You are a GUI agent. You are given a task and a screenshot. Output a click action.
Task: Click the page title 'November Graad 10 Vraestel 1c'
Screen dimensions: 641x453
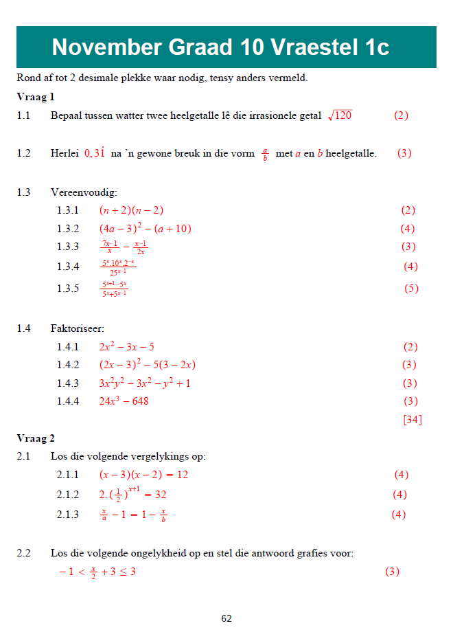tap(220, 47)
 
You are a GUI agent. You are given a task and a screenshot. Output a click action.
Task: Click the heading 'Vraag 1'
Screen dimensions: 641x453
tap(36, 97)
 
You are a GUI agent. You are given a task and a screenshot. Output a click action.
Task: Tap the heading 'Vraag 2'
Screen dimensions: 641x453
tap(36, 438)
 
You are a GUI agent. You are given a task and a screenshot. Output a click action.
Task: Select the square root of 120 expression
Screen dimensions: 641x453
tap(340, 115)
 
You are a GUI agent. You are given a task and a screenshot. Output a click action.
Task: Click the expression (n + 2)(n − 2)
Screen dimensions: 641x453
tap(131, 210)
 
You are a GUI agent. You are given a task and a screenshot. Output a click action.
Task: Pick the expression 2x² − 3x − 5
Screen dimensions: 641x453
tap(127, 347)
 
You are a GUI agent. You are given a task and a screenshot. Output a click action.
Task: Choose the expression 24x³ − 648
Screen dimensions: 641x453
tap(124, 401)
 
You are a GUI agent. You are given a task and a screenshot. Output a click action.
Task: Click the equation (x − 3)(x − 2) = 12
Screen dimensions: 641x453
tap(143, 475)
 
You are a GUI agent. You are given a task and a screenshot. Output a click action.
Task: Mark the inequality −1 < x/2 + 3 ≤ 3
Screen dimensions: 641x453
tap(97, 572)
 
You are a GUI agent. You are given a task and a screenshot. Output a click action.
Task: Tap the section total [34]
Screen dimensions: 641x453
tap(413, 420)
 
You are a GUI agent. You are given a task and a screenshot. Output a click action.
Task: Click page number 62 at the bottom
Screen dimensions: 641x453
tap(226, 618)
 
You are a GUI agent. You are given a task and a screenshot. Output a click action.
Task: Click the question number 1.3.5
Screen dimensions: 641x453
tap(68, 289)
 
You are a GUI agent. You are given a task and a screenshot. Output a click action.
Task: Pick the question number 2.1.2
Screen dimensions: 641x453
tap(68, 495)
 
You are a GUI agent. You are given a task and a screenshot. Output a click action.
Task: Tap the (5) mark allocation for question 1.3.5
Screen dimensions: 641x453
tap(411, 289)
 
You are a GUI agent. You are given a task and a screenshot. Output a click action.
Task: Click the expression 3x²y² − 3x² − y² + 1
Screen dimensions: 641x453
tap(145, 383)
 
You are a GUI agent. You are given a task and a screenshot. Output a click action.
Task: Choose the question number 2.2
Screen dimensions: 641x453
tap(24, 553)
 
